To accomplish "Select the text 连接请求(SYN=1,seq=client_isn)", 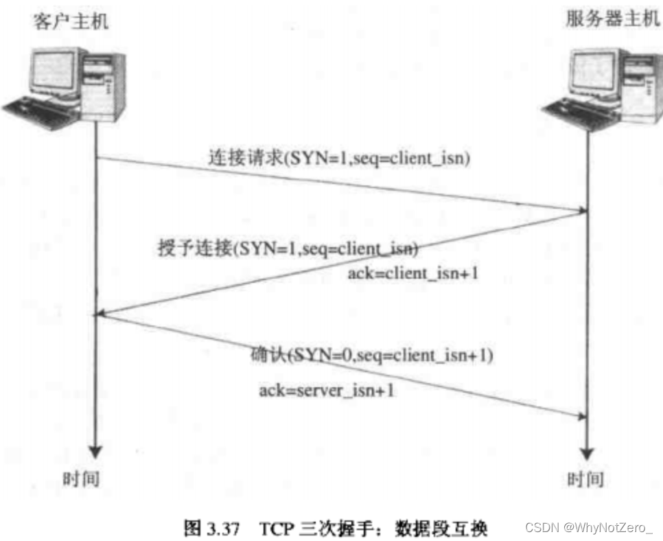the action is pos(339,159).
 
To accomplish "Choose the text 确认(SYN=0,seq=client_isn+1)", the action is pos(372,356).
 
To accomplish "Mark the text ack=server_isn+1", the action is pos(327,391).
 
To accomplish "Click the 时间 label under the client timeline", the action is pos(82,478).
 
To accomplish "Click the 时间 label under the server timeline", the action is pos(585,478).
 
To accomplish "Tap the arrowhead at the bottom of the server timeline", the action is pos(586,453).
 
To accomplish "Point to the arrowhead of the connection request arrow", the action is pos(579,207).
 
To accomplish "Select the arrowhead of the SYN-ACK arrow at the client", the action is pos(102,314).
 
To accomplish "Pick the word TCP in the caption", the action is pos(275,529).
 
